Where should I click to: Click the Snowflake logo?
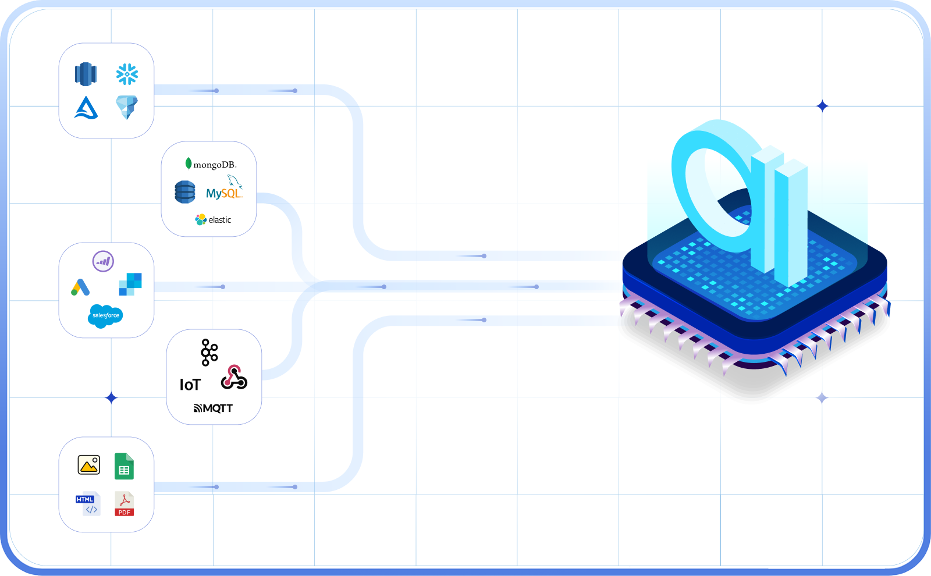[127, 74]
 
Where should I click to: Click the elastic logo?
[213, 219]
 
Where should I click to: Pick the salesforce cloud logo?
[105, 315]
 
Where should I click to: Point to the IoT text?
[190, 385]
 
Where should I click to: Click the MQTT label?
[213, 408]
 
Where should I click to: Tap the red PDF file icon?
[125, 504]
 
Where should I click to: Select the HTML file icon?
[88, 504]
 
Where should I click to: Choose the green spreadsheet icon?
[124, 466]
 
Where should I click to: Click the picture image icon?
[89, 465]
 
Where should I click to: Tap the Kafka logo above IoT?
[209, 353]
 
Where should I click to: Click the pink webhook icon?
[234, 378]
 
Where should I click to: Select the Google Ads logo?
[80, 287]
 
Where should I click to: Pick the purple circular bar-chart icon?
[103, 261]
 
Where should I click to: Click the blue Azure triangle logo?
[86, 108]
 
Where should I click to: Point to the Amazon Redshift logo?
[86, 74]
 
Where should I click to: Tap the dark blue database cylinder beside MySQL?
[185, 192]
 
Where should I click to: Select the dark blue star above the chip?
[822, 106]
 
